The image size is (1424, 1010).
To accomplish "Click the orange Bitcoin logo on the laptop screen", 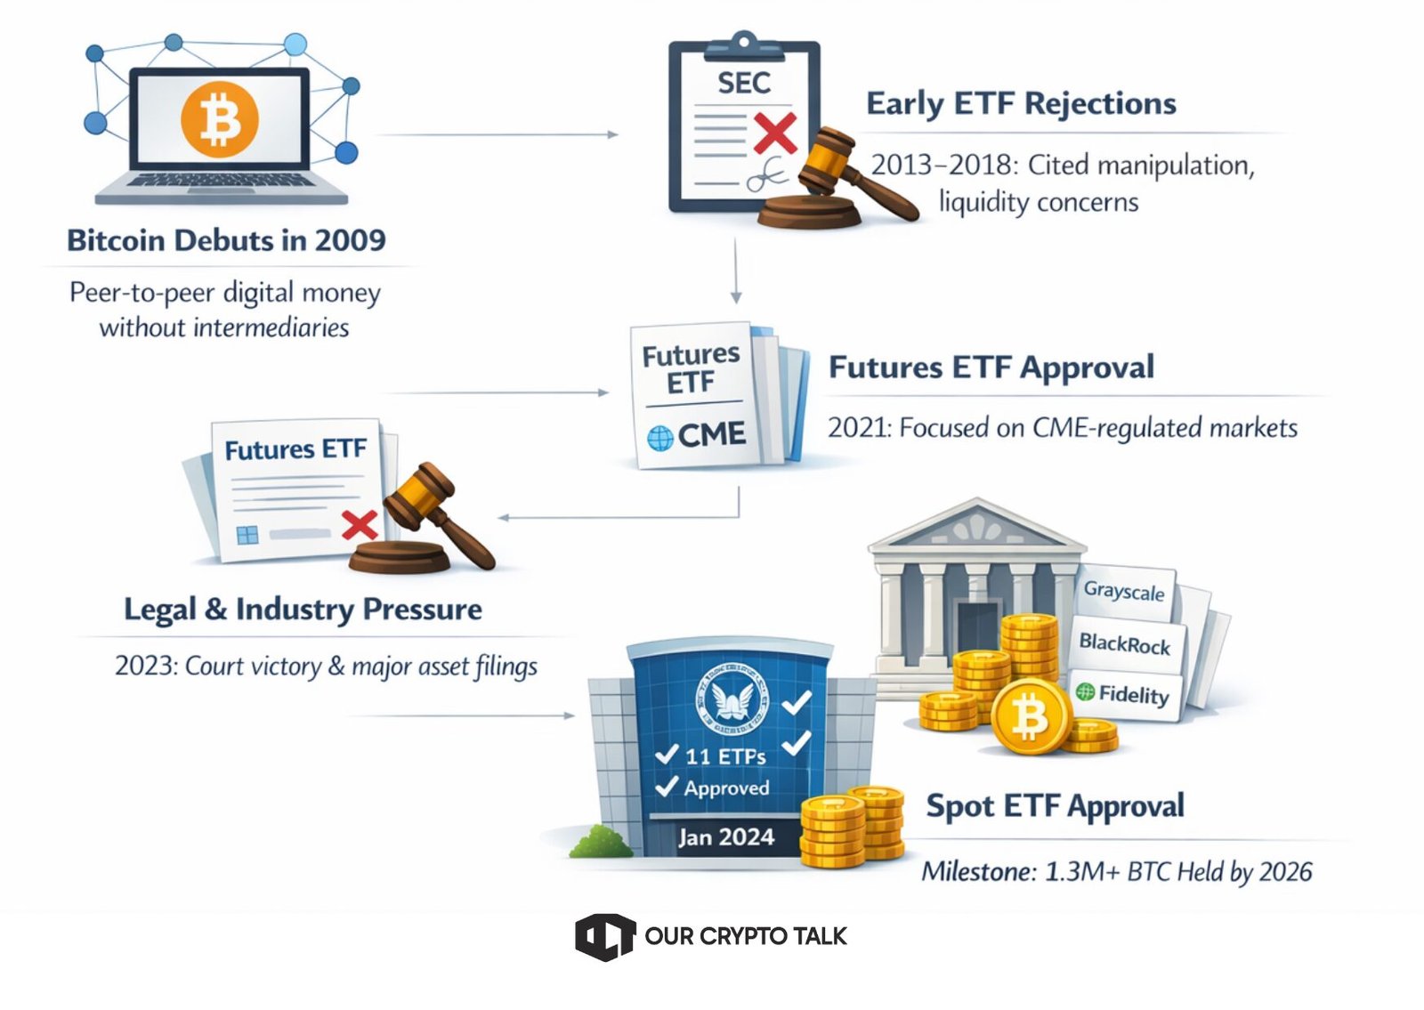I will pos(220,118).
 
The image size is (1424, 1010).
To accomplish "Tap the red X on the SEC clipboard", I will pos(775,133).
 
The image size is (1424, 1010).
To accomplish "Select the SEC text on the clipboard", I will pos(744,83).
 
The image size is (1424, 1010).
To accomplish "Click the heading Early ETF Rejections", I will pos(1021,103).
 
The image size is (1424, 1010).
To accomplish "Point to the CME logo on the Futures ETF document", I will pos(697,436).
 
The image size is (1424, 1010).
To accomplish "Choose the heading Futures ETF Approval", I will pos(991,367).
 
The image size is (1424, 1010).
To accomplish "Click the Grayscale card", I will pos(1123,592).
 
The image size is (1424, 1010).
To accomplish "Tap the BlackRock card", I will pos(1124,643).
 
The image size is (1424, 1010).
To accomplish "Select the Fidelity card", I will pos(1123,693).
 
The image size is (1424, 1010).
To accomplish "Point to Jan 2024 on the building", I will pos(726,837).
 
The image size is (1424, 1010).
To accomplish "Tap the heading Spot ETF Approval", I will pos(1055,806).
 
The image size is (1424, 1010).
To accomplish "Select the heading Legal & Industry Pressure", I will pos(303,610).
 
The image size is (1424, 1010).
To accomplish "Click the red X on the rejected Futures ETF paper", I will pos(360,524).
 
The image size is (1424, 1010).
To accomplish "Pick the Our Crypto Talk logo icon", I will pos(604,936).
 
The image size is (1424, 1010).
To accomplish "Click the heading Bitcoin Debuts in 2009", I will pos(226,240).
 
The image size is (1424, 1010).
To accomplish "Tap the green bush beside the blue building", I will pos(601,842).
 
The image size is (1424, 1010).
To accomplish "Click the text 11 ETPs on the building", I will pos(725,756).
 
